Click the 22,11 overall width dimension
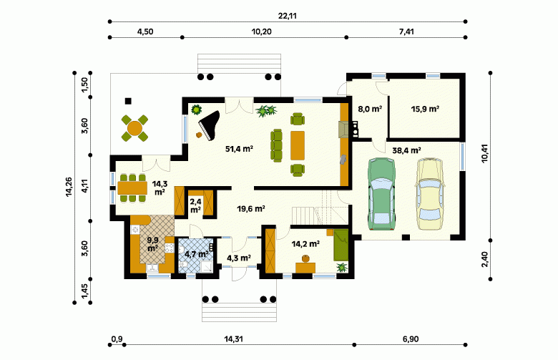(288, 16)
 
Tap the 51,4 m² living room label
(239, 149)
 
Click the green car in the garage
(381, 194)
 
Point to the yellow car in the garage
(430, 193)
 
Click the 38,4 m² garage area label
(407, 150)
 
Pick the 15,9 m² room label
(425, 109)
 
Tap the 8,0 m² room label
(370, 109)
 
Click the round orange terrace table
(134, 128)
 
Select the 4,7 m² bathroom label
(197, 254)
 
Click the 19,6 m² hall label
(251, 209)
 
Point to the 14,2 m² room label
(305, 244)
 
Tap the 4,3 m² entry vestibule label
(239, 258)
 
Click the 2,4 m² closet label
(195, 206)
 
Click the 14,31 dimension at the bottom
(233, 339)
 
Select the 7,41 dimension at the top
(406, 31)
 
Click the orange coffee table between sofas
(298, 145)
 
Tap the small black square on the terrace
(128, 101)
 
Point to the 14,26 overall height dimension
(69, 187)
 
